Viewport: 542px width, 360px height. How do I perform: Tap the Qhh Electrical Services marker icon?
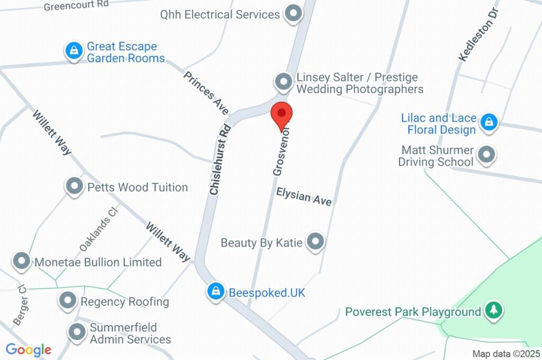[x=292, y=14]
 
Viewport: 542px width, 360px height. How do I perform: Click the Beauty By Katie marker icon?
[x=316, y=241]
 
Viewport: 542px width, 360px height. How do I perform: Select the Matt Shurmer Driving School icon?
[x=485, y=155]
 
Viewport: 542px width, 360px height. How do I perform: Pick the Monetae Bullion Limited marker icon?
[x=22, y=261]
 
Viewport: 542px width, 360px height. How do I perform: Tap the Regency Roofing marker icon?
[x=67, y=301]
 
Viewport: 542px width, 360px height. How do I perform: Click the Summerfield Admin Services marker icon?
[x=77, y=332]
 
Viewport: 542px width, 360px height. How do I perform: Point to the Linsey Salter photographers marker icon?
[x=284, y=82]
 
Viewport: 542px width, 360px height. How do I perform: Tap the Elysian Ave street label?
[x=304, y=197]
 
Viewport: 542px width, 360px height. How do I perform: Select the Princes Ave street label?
[x=206, y=93]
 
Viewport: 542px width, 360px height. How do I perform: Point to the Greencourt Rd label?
[x=76, y=6]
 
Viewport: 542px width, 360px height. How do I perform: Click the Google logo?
[x=29, y=349]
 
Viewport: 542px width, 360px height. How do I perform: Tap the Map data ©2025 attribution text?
[x=507, y=354]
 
